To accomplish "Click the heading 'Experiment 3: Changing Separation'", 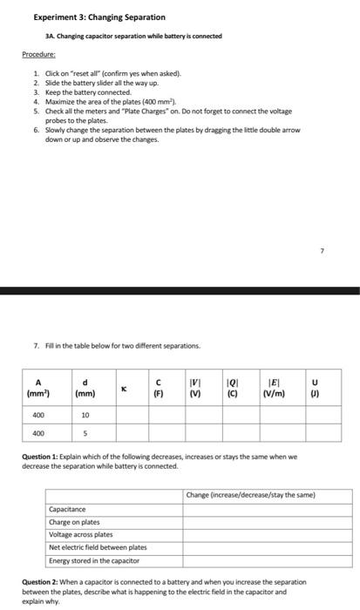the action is (x=86, y=17).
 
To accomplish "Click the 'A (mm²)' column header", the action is (x=38, y=387).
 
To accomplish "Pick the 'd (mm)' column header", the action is (x=85, y=387).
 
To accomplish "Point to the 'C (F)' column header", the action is (x=159, y=387).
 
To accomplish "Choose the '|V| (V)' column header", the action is (x=196, y=387).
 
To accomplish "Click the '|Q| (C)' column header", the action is (x=234, y=387).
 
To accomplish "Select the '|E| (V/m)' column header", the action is (x=276, y=387).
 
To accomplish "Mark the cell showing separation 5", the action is (x=85, y=434).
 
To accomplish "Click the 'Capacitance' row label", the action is (x=67, y=509).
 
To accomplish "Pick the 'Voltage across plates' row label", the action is (x=80, y=534).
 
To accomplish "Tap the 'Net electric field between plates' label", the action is (x=98, y=547).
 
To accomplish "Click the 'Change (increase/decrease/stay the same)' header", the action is (x=250, y=495).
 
